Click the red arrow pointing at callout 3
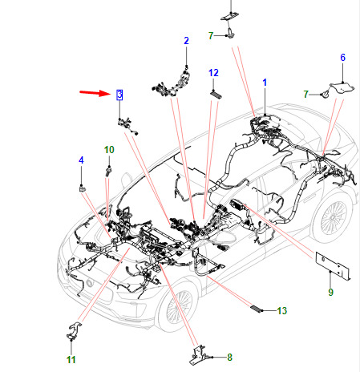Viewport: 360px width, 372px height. pos(95,93)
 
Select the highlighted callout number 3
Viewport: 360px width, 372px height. pos(119,95)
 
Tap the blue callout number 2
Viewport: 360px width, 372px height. pos(186,41)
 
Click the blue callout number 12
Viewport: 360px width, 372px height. pos(213,73)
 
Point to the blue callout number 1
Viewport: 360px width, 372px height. pos(265,83)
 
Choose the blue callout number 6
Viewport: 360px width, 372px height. pos(342,58)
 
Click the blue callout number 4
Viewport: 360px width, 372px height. pos(81,160)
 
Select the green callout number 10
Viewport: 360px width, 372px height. pos(109,150)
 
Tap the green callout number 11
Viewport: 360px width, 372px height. pos(71,360)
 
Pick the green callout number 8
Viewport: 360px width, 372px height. pos(229,357)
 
